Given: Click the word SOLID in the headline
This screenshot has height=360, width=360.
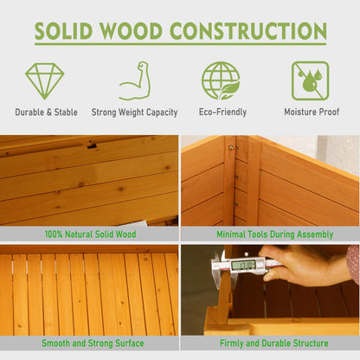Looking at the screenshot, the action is [63, 31].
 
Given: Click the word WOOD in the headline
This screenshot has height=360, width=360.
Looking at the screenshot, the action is [132, 31].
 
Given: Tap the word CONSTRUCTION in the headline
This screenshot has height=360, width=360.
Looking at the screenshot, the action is [248, 31].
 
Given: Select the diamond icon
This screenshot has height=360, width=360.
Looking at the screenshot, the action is [44, 81].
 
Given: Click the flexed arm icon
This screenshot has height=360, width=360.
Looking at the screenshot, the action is [136, 80].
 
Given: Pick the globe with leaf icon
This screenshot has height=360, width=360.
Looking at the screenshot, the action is [221, 80].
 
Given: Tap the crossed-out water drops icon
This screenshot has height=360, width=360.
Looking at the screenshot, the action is [310, 80].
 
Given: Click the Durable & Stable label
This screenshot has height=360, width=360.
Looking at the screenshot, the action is [46, 112].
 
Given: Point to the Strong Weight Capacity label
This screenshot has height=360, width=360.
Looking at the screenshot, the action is [134, 112].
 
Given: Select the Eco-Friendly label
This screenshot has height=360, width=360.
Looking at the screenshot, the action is [222, 112].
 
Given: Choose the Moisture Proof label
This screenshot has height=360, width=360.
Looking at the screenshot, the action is [312, 112].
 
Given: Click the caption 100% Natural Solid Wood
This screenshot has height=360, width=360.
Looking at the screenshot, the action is [90, 234].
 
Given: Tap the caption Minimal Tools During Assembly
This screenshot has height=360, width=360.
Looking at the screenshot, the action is [274, 235].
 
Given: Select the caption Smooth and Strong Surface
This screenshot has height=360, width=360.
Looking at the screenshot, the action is [93, 343].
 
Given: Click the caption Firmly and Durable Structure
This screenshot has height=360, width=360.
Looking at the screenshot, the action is [274, 343].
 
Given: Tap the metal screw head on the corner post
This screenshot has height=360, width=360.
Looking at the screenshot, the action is [231, 148].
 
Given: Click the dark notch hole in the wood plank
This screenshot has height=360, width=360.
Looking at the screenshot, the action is [93, 145].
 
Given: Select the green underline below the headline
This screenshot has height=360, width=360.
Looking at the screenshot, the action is [181, 44].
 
